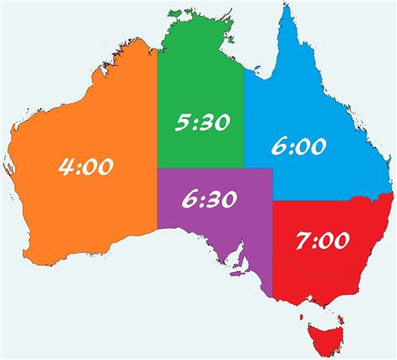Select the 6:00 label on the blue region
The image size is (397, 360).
click(298, 147)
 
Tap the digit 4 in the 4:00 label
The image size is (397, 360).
click(66, 167)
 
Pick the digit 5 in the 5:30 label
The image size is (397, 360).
click(182, 123)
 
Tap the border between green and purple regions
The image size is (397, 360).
click(201, 169)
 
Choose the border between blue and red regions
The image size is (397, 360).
click(318, 202)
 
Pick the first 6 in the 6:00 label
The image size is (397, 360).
click(279, 147)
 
